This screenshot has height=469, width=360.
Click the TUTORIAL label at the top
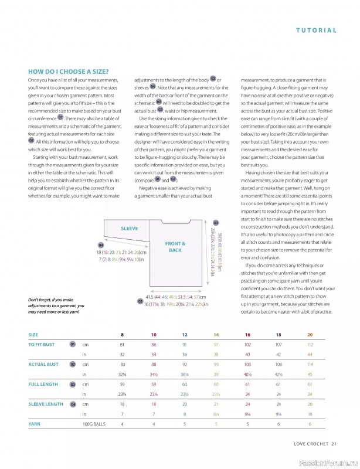pos(316,30)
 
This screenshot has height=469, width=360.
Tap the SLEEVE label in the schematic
pos(129,227)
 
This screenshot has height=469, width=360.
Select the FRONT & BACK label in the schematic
pos(175,246)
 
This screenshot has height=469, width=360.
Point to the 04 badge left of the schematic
pos(101,244)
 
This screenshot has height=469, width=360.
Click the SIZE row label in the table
pos(33,334)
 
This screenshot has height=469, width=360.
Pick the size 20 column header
pos(310,334)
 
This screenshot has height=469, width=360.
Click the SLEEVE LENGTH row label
pos(46,404)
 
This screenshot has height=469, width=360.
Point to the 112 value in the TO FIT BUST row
pos(310,345)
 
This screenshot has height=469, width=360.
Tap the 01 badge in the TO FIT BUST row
pos(73,345)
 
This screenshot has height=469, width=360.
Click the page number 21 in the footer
pos(333,443)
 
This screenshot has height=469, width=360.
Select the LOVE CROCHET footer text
pos(310,443)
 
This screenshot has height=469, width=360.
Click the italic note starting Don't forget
pos(56,306)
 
